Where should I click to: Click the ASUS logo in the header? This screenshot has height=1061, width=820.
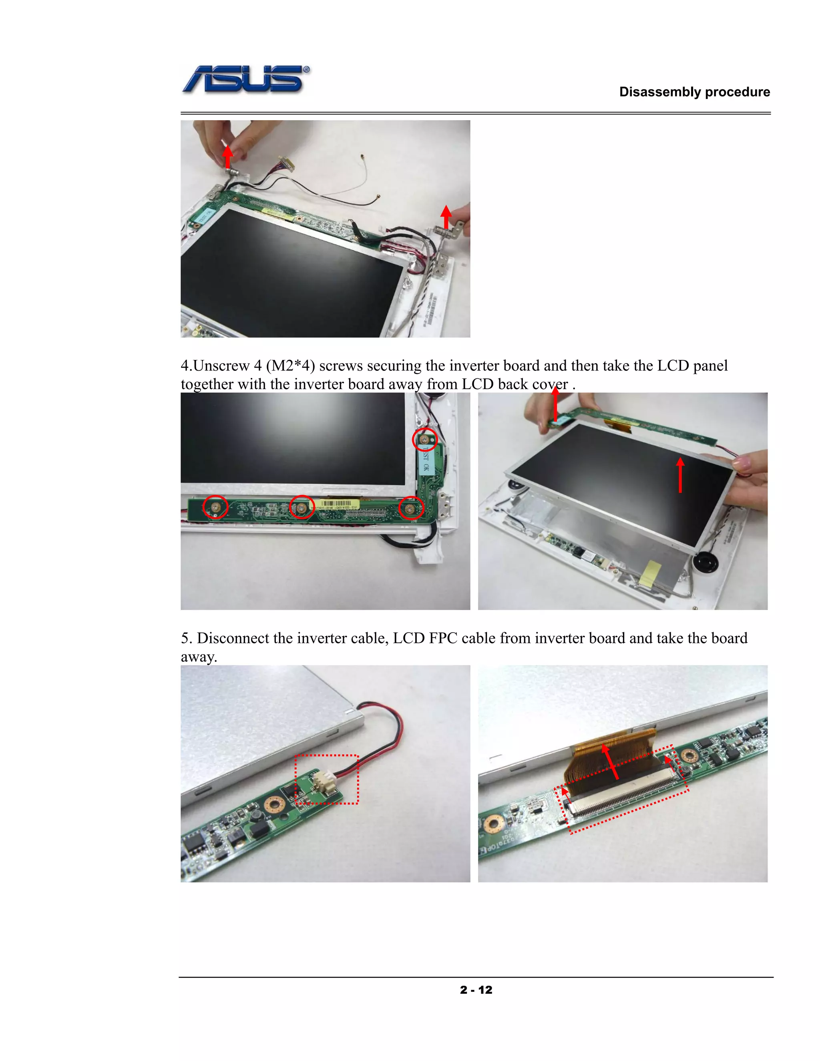pyautogui.click(x=246, y=80)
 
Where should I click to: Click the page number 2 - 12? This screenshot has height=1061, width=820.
pyautogui.click(x=476, y=990)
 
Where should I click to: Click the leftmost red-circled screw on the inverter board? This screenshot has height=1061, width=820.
pyautogui.click(x=215, y=507)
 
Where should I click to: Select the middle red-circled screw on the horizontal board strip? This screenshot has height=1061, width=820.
pyautogui.click(x=301, y=507)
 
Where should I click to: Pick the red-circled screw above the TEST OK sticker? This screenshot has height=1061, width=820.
pyautogui.click(x=424, y=440)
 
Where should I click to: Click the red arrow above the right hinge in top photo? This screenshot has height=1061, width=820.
pyautogui.click(x=446, y=217)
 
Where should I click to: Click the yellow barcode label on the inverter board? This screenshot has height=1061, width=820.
pyautogui.click(x=339, y=504)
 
